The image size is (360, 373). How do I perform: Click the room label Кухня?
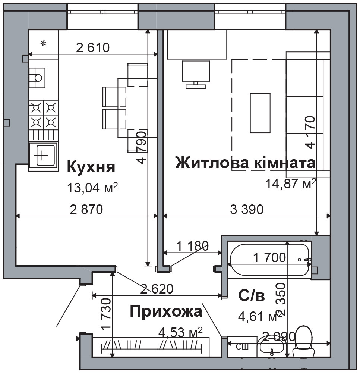(x=91, y=167)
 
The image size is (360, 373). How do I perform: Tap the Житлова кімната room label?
(x=245, y=163)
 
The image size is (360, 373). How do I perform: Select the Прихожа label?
(x=166, y=311)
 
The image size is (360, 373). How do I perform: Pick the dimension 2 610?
(x=93, y=48)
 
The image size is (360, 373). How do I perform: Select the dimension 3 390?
(x=247, y=209)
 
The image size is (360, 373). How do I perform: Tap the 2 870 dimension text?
(x=86, y=209)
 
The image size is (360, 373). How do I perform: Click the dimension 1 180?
(x=192, y=245)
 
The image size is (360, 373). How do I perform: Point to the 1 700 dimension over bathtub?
(x=269, y=257)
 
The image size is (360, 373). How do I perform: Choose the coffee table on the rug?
(x=260, y=113)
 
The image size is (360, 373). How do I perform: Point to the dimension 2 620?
(x=157, y=289)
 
